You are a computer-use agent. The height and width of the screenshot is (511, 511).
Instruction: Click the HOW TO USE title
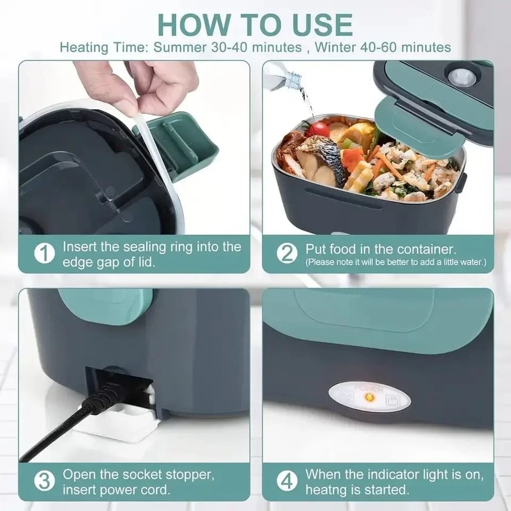pos(255,24)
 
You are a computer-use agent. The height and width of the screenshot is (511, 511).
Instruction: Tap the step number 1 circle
pos(44,253)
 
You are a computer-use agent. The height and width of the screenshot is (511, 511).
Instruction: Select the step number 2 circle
pos(287,253)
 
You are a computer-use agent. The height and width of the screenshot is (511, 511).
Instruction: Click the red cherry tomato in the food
pos(317,130)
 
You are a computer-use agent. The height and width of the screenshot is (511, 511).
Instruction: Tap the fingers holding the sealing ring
pos(137,83)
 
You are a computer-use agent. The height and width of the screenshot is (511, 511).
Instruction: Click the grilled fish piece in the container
pos(319,160)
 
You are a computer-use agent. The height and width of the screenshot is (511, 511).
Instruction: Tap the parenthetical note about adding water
pos(395,262)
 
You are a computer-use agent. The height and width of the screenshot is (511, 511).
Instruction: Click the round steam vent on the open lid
pos(461,78)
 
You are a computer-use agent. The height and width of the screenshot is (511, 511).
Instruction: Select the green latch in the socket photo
pos(105,305)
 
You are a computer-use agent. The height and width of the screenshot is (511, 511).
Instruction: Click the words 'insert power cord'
pos(117,490)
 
